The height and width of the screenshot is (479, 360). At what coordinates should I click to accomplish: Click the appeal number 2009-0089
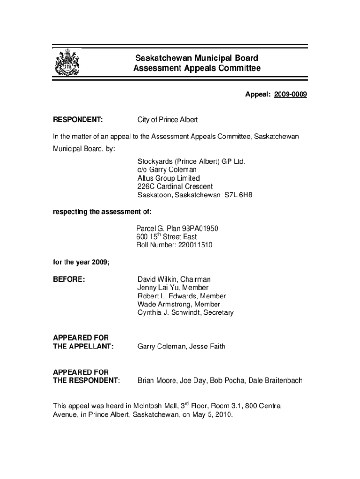pos(290,95)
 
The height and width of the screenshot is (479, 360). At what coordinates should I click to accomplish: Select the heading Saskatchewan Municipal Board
pos(196,58)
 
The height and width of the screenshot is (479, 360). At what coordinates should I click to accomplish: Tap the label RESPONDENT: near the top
pos(78,120)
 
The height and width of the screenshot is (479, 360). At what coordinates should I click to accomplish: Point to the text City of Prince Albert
pos(167,120)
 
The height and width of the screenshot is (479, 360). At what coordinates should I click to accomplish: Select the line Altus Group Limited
pos(168,178)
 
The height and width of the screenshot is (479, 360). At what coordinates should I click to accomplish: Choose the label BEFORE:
pos(69,279)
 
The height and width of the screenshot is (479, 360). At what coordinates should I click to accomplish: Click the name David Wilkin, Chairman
pos(174,279)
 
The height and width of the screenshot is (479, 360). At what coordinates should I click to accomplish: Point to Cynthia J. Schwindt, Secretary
pos(185,312)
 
